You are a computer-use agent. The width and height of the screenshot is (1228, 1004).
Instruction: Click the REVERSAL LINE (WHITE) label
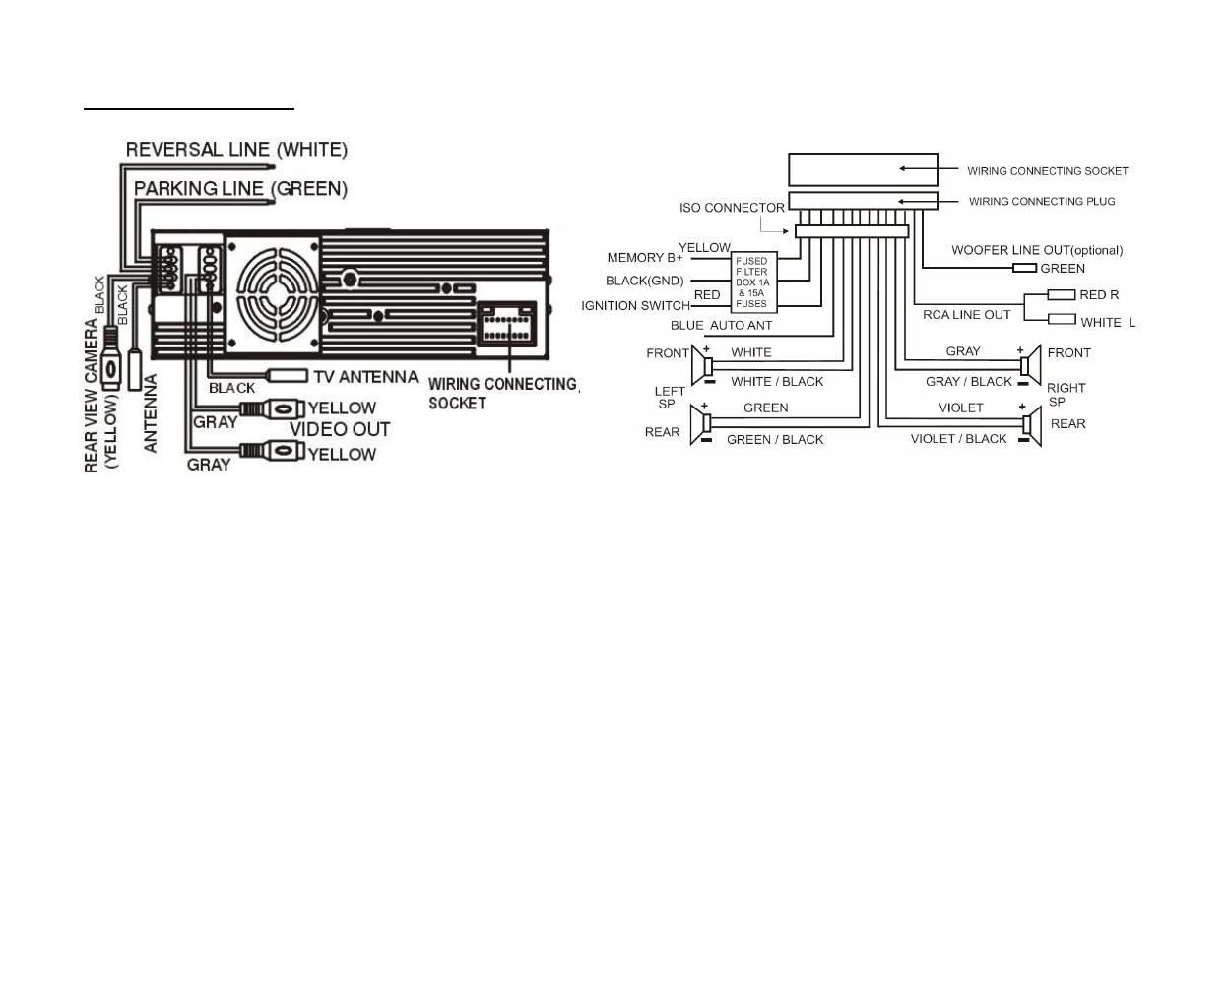pos(236,150)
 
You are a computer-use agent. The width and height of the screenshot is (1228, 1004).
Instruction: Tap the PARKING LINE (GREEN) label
pos(240,188)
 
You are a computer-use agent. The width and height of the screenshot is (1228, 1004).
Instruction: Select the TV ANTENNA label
pos(365,376)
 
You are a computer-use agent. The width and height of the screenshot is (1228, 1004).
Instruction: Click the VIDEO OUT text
pos(340,429)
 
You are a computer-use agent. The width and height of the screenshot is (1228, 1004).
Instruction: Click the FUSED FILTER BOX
pos(752,282)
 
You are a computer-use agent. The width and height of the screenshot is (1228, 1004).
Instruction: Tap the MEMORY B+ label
pos(645,258)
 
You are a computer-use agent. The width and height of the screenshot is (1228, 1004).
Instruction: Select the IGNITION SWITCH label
pos(635,306)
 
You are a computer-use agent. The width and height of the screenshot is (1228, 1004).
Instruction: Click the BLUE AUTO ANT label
pos(721,326)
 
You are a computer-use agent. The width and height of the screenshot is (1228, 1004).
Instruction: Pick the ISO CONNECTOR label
pos(732,208)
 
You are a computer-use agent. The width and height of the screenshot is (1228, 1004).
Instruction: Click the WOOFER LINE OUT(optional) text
pos(1037,250)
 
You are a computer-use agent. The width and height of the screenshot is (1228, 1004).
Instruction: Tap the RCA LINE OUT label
pos(966,315)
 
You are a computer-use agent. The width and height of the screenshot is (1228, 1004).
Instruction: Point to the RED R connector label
pos(1099,294)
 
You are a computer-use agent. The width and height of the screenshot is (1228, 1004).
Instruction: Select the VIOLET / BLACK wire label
pos(958,439)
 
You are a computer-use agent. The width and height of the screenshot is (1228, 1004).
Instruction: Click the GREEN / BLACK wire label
pos(775,440)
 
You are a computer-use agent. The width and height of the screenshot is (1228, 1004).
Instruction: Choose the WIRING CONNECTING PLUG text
pos(1042,202)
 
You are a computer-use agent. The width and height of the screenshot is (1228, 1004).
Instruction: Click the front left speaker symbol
pos(702,366)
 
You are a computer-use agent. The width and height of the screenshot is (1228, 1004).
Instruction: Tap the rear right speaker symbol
pos(1030,424)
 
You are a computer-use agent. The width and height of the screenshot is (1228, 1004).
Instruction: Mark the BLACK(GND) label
pos(644,282)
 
